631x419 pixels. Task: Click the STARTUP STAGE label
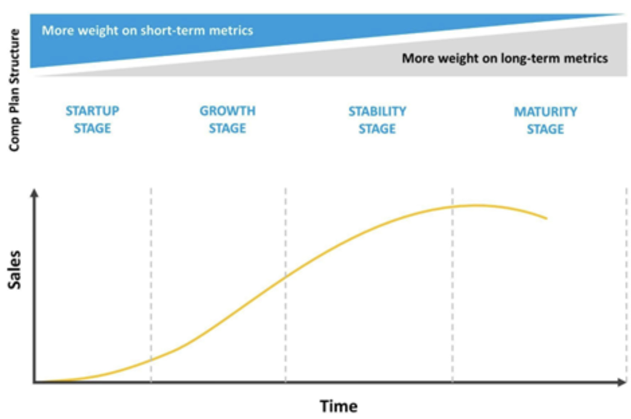point(92,119)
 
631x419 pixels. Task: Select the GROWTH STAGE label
point(228,119)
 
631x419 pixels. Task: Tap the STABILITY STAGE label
point(377,120)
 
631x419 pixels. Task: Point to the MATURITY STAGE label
point(546,120)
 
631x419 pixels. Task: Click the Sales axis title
point(14,270)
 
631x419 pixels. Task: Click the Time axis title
point(339,406)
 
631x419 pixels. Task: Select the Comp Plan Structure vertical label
point(14,90)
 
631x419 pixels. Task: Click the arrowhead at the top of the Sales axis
point(34,193)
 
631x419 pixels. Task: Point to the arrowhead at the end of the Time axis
point(621,382)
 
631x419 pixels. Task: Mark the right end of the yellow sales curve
point(547,218)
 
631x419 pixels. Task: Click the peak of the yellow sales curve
point(475,205)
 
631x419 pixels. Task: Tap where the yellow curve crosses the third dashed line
point(452,207)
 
